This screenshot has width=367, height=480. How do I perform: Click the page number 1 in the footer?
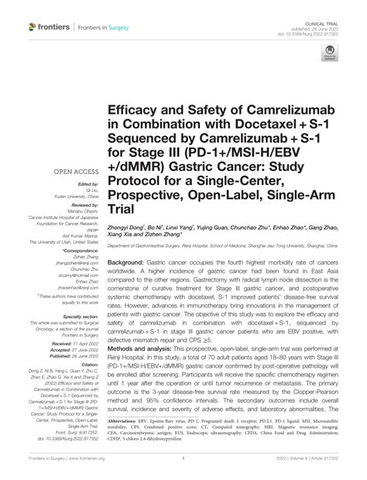tap(183, 467)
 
